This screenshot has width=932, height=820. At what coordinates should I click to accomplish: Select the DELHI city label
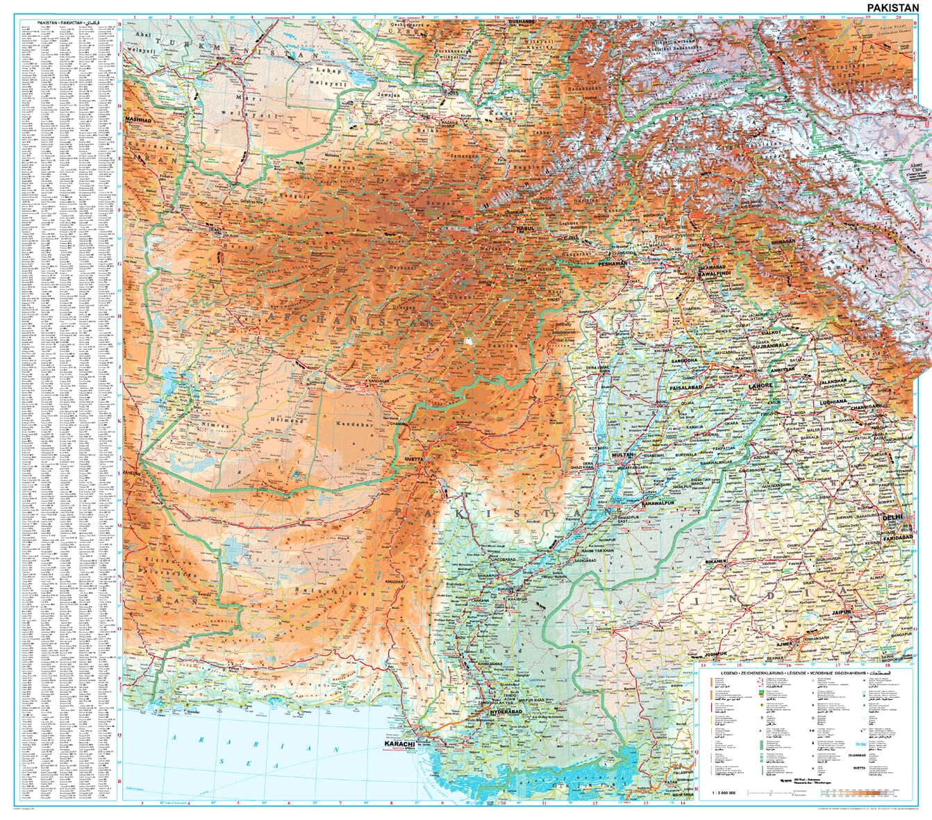coord(892,518)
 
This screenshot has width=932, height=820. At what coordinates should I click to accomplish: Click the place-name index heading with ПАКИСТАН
coord(67,23)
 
